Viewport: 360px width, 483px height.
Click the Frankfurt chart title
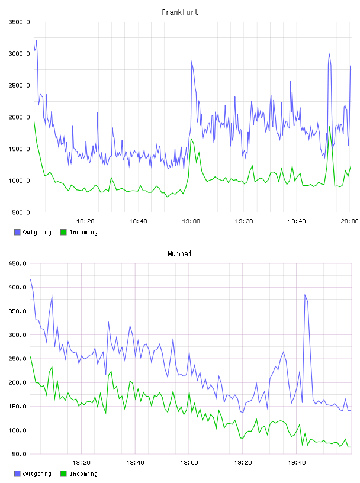[180, 12]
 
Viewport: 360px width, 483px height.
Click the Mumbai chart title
[179, 254]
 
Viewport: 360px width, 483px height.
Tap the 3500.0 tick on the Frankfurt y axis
[19, 22]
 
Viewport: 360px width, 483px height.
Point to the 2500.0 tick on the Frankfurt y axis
[19, 85]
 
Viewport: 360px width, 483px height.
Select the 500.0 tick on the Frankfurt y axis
[21, 212]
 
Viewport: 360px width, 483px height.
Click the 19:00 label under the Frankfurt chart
[191, 221]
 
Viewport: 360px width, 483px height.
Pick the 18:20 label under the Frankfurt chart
[85, 221]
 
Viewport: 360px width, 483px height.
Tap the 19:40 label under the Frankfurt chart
[297, 221]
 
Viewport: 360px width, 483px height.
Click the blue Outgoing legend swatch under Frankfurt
[17, 232]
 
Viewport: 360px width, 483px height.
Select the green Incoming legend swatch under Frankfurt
[63, 232]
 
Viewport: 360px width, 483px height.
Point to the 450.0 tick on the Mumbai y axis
[17, 263]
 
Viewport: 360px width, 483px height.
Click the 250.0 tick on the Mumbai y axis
[17, 359]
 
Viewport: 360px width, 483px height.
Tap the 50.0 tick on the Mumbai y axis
[19, 454]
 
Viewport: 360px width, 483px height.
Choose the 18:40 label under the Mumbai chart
[136, 463]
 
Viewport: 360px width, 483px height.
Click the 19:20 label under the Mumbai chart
[243, 463]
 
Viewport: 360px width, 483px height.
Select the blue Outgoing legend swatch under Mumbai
[17, 474]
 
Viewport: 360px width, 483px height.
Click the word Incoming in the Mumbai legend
[83, 474]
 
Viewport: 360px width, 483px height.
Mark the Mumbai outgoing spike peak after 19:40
[305, 295]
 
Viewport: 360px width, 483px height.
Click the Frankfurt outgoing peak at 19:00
[192, 62]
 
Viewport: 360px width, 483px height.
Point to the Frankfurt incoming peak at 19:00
[191, 139]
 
